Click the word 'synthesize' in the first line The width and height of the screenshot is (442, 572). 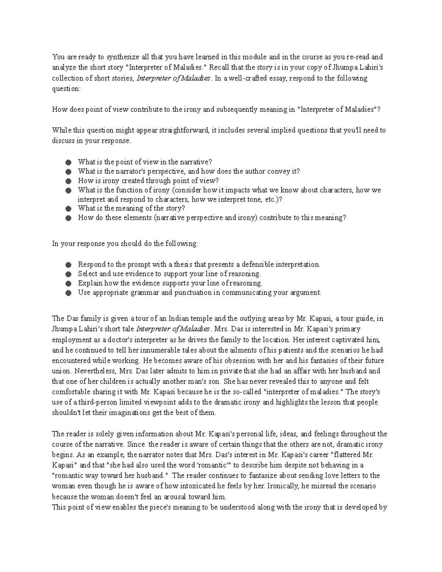(x=123, y=57)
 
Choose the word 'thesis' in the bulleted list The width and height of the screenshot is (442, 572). (x=183, y=264)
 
